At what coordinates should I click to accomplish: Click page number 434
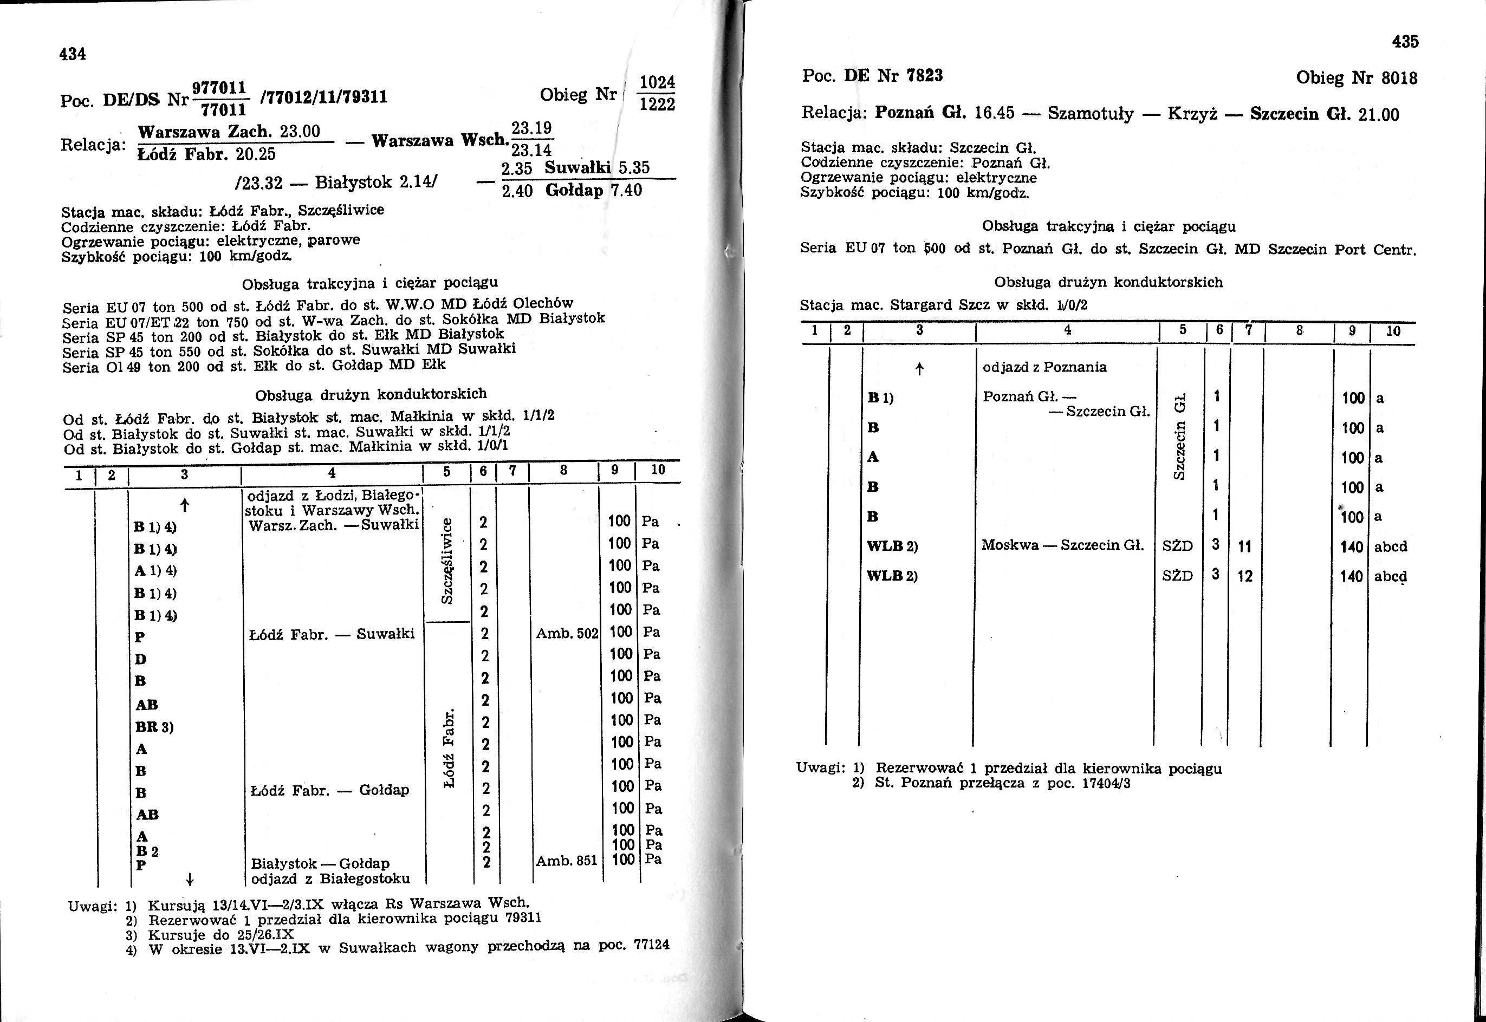(73, 54)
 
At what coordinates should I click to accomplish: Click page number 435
(1405, 42)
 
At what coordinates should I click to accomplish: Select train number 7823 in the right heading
(925, 76)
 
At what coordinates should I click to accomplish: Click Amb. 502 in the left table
(567, 633)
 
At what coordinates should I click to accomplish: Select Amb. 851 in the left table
(566, 861)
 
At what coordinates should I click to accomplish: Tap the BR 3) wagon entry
(154, 727)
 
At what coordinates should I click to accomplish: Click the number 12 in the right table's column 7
(1244, 576)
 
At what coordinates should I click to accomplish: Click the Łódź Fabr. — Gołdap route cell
(328, 791)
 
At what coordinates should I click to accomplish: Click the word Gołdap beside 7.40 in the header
(575, 190)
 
